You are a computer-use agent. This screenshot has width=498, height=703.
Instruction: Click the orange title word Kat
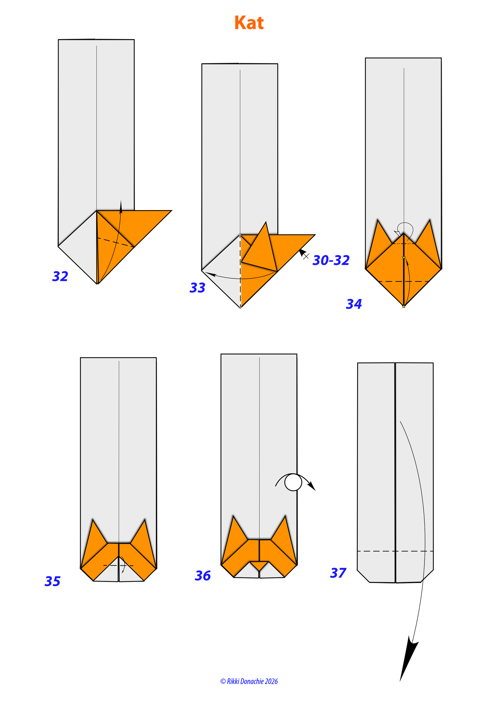coord(249,23)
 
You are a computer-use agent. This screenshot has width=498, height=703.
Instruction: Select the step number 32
coord(60,276)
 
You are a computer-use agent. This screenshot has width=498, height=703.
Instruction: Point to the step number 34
coord(354,304)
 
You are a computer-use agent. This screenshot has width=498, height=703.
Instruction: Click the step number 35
coord(52,581)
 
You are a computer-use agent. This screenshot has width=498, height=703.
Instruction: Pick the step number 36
coord(203,576)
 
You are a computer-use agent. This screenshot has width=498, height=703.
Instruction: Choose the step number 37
coord(338,573)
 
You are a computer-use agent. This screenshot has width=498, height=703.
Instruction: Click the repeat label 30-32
coord(331,260)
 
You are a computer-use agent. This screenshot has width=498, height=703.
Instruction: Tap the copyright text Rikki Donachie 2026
coord(249,681)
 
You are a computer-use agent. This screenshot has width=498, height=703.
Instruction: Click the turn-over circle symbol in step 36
coord(293,482)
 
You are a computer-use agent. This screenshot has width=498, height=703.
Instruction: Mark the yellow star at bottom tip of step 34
coord(404,306)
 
